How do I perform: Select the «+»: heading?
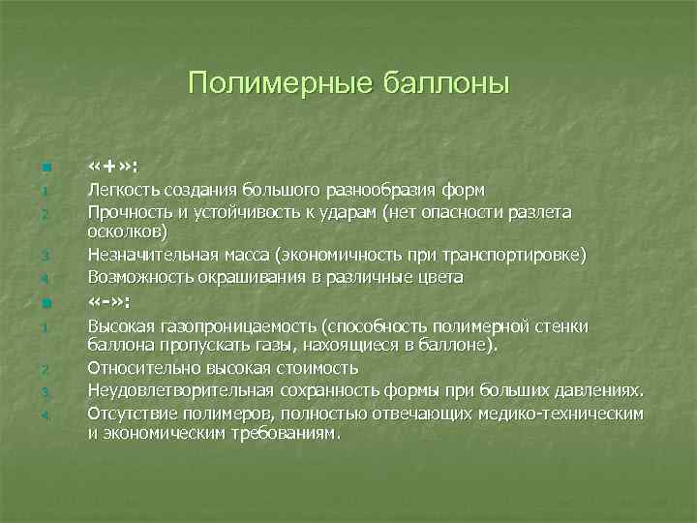(112, 166)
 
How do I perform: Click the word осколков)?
(127, 232)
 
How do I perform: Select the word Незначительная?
(146, 255)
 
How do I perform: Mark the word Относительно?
(135, 368)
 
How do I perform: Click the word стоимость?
(320, 368)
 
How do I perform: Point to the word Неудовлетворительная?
(170, 390)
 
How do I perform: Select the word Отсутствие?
(127, 413)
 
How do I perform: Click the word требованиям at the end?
(289, 434)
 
